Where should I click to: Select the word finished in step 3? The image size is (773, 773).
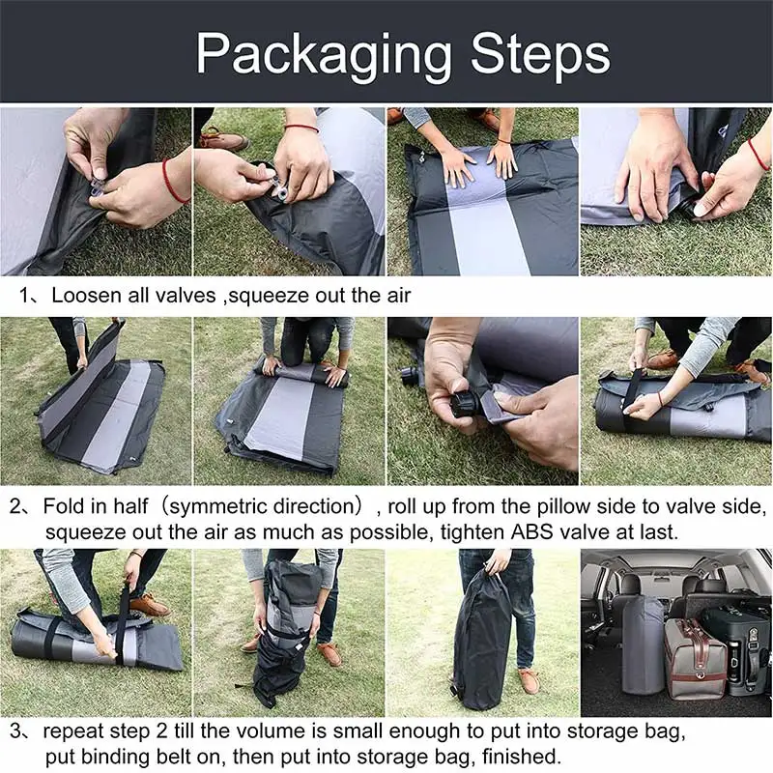click(518, 756)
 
